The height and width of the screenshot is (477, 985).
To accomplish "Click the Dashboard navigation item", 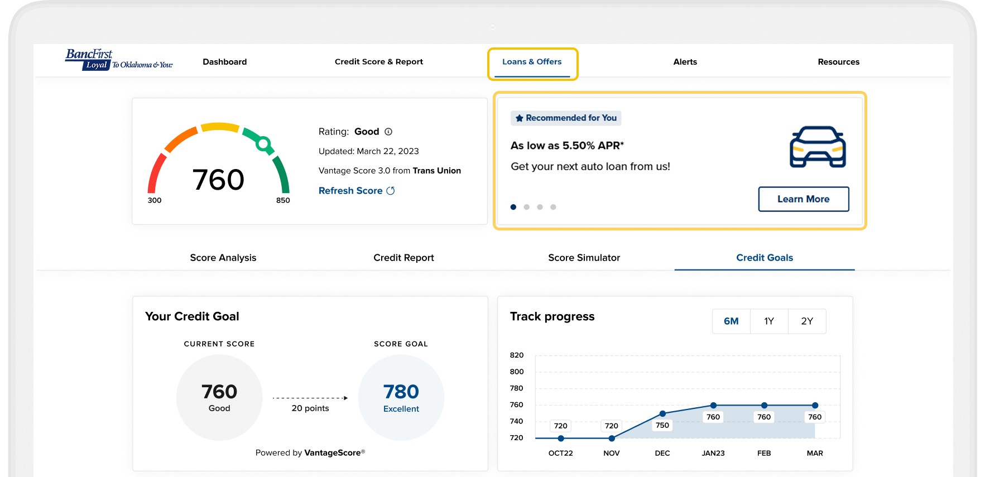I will pyautogui.click(x=224, y=62).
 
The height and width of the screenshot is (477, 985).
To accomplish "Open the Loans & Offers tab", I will pyautogui.click(x=532, y=62).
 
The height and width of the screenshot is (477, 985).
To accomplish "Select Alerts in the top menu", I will pyautogui.click(x=685, y=62).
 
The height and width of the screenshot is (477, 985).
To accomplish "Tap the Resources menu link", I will pyautogui.click(x=838, y=62).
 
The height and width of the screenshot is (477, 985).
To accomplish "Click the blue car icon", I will pyautogui.click(x=818, y=147).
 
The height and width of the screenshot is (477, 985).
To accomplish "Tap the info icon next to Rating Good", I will pyautogui.click(x=388, y=132).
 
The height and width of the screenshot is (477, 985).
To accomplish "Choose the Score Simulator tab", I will pyautogui.click(x=584, y=258).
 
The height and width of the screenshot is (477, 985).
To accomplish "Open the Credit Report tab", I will pyautogui.click(x=403, y=258).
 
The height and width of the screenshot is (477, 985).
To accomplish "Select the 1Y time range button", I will pyautogui.click(x=769, y=321).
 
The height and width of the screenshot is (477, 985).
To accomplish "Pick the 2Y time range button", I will pyautogui.click(x=807, y=321).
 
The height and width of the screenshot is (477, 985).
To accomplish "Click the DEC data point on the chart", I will pyautogui.click(x=662, y=413).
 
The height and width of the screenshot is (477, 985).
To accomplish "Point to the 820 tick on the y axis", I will pyautogui.click(x=517, y=355).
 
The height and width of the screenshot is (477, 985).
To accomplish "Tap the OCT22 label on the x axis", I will pyautogui.click(x=560, y=453).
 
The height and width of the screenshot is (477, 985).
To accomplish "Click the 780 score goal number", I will pyautogui.click(x=401, y=392).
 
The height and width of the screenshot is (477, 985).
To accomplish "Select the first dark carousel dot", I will pyautogui.click(x=513, y=207).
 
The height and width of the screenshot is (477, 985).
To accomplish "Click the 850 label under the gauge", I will pyautogui.click(x=283, y=200).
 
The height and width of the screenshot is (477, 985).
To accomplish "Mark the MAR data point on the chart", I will pyautogui.click(x=815, y=406).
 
